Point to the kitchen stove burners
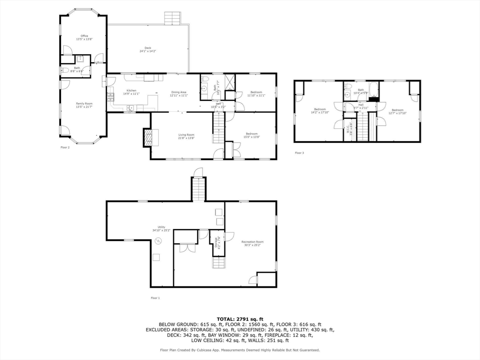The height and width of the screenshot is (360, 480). click(x=111, y=97)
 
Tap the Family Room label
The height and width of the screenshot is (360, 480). click(x=84, y=105)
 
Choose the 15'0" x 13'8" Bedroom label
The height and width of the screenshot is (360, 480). click(x=251, y=135)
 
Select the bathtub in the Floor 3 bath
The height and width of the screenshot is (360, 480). click(x=373, y=89)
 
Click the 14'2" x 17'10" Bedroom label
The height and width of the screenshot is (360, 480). click(x=320, y=111)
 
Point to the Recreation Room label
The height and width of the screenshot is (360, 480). click(x=252, y=243)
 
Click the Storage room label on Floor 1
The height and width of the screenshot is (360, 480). click(x=216, y=241)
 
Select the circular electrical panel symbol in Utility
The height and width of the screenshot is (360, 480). click(x=158, y=241)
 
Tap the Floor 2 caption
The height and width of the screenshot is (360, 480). click(x=65, y=147)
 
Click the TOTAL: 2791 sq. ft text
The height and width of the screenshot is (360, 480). click(x=240, y=319)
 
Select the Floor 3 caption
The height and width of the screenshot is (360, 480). click(x=299, y=153)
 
